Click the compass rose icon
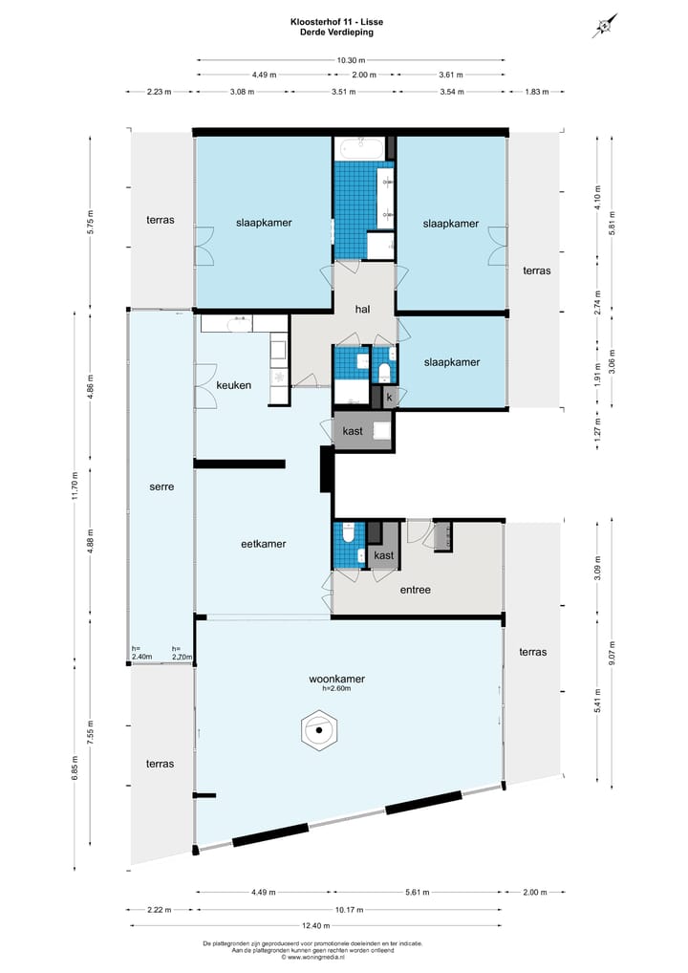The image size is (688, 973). coord(604,26)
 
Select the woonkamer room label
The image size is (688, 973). coord(336,679)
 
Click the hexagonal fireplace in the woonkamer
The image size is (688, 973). coord(318,733)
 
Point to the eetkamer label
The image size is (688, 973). coord(263,544)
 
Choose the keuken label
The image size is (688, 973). coord(234,385)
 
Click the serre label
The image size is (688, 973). coord(161,486)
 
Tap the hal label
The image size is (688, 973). coord(362,309)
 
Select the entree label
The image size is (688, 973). coord(415,590)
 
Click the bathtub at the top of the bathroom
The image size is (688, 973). coord(359,149)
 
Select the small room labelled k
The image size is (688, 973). coord(389,396)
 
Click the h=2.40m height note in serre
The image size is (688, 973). coord(142,653)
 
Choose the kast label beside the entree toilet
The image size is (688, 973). coord(384,555)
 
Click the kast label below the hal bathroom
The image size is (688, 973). coord(353,432)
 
